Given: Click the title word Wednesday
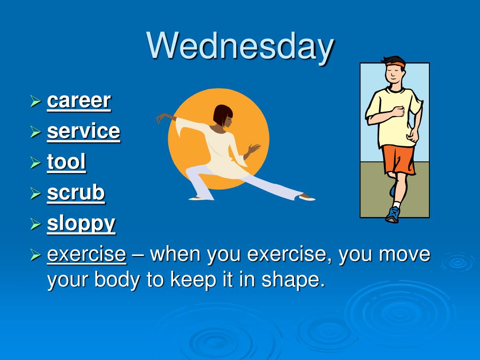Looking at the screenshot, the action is click(x=240, y=46).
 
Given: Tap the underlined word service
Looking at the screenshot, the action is click(x=83, y=131).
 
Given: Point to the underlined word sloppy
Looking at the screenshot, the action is click(x=81, y=224).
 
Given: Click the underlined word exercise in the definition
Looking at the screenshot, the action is click(x=87, y=254).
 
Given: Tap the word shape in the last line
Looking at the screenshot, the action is click(x=293, y=280).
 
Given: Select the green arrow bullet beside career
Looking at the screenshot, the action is click(x=36, y=101).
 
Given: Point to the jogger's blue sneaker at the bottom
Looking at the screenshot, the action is click(x=393, y=214).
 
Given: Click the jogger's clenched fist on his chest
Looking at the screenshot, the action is click(x=398, y=111).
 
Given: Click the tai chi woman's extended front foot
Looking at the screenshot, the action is click(x=307, y=197).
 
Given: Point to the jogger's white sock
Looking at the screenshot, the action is click(x=397, y=204).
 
